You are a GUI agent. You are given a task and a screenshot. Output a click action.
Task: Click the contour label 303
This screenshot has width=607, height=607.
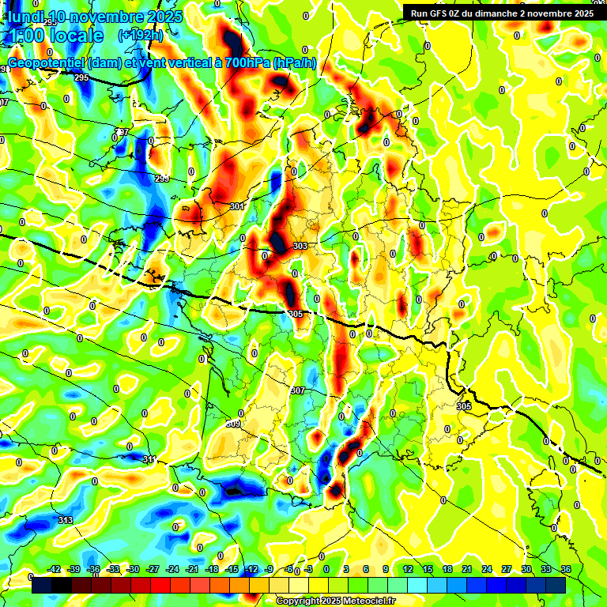[x=300, y=246]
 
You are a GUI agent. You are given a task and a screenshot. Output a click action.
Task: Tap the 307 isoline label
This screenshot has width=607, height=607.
[x=298, y=391]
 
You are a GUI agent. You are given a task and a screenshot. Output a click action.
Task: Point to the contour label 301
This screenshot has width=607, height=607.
[x=237, y=206]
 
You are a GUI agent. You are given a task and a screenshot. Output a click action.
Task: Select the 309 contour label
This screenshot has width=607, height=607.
[x=233, y=424]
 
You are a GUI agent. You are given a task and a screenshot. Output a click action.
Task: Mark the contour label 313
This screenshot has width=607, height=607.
[x=66, y=519]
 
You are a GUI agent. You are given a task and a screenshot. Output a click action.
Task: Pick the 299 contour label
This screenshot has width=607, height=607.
[x=162, y=179]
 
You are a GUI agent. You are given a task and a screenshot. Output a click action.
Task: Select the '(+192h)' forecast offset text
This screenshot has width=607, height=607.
[x=141, y=35]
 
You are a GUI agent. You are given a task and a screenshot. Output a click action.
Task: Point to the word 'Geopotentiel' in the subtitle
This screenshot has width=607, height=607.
[x=46, y=62]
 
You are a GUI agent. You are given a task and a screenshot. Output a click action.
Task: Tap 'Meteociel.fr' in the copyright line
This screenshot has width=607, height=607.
[x=366, y=601]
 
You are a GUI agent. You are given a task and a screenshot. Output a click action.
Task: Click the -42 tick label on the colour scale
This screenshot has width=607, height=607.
[x=55, y=569]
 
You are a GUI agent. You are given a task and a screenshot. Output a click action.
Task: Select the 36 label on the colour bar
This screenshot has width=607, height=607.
[x=565, y=569]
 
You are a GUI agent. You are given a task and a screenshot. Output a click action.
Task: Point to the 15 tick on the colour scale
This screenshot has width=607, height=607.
[x=427, y=569]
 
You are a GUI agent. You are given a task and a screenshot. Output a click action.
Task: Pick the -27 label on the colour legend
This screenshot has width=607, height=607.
[x=153, y=569]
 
